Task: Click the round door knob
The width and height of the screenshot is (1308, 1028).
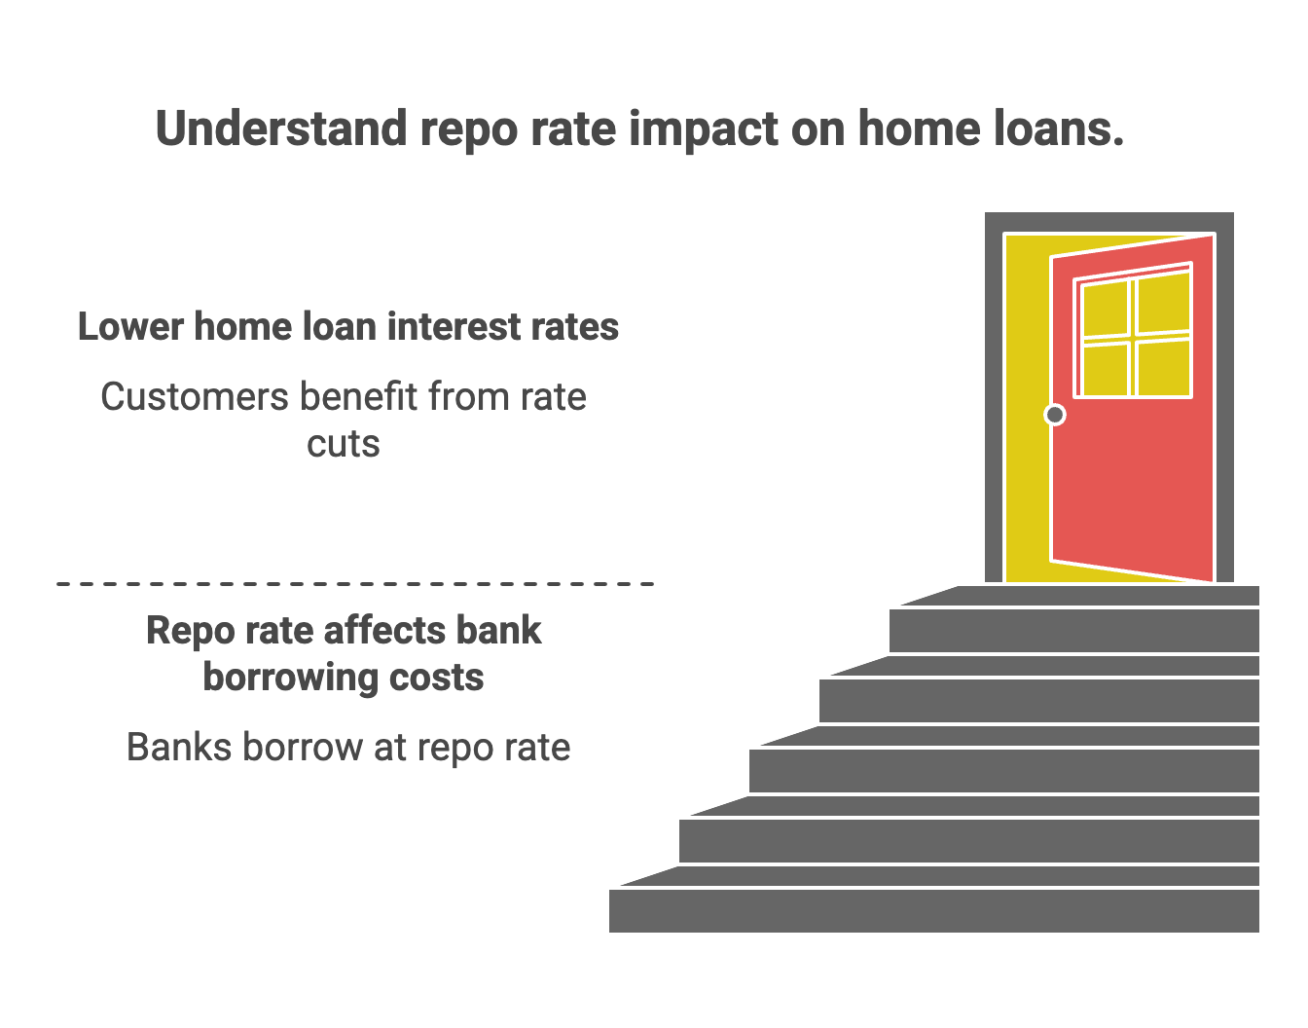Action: [x=1055, y=416]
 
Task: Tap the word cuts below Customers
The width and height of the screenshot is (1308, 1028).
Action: [x=343, y=444]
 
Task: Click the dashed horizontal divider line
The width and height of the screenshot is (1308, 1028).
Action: [x=355, y=584]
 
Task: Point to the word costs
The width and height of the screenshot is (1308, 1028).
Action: [x=437, y=678]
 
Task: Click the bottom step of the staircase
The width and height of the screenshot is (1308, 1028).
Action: [x=934, y=910]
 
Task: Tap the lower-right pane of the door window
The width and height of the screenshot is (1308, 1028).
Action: [x=1164, y=368]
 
